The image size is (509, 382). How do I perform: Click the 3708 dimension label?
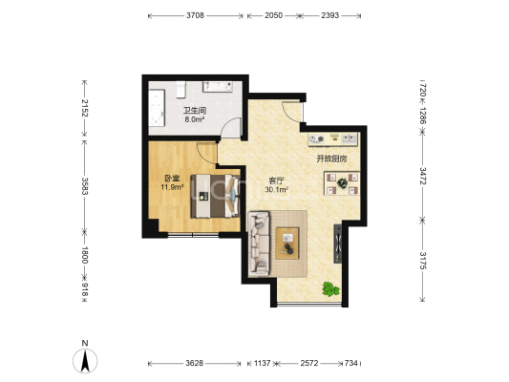tap(195, 15)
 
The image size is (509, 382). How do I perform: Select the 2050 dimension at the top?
tap(274, 15)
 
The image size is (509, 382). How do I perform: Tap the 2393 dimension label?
tap(330, 15)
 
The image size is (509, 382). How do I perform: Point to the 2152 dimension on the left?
tap(85, 108)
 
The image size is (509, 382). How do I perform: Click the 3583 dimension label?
tap(85, 186)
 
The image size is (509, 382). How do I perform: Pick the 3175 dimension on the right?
tap(423, 261)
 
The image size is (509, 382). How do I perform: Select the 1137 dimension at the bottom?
tap(262, 363)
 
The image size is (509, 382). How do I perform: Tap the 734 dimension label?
tap(350, 363)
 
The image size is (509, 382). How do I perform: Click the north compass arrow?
tap(85, 361)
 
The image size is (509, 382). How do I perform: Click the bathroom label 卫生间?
tap(195, 111)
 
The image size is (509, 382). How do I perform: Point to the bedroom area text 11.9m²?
tap(172, 187)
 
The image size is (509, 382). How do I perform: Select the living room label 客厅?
tap(276, 180)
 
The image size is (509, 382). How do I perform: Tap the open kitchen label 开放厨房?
tap(331, 159)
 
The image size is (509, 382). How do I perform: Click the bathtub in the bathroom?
tap(157, 108)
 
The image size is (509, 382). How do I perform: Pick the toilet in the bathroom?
tap(180, 90)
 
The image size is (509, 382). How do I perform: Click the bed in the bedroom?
tap(215, 196)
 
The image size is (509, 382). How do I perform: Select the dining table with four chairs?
tap(342, 183)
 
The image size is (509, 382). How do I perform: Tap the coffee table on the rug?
tap(287, 244)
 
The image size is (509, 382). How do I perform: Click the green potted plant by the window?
tap(330, 288)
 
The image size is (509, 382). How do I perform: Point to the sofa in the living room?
tap(259, 244)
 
